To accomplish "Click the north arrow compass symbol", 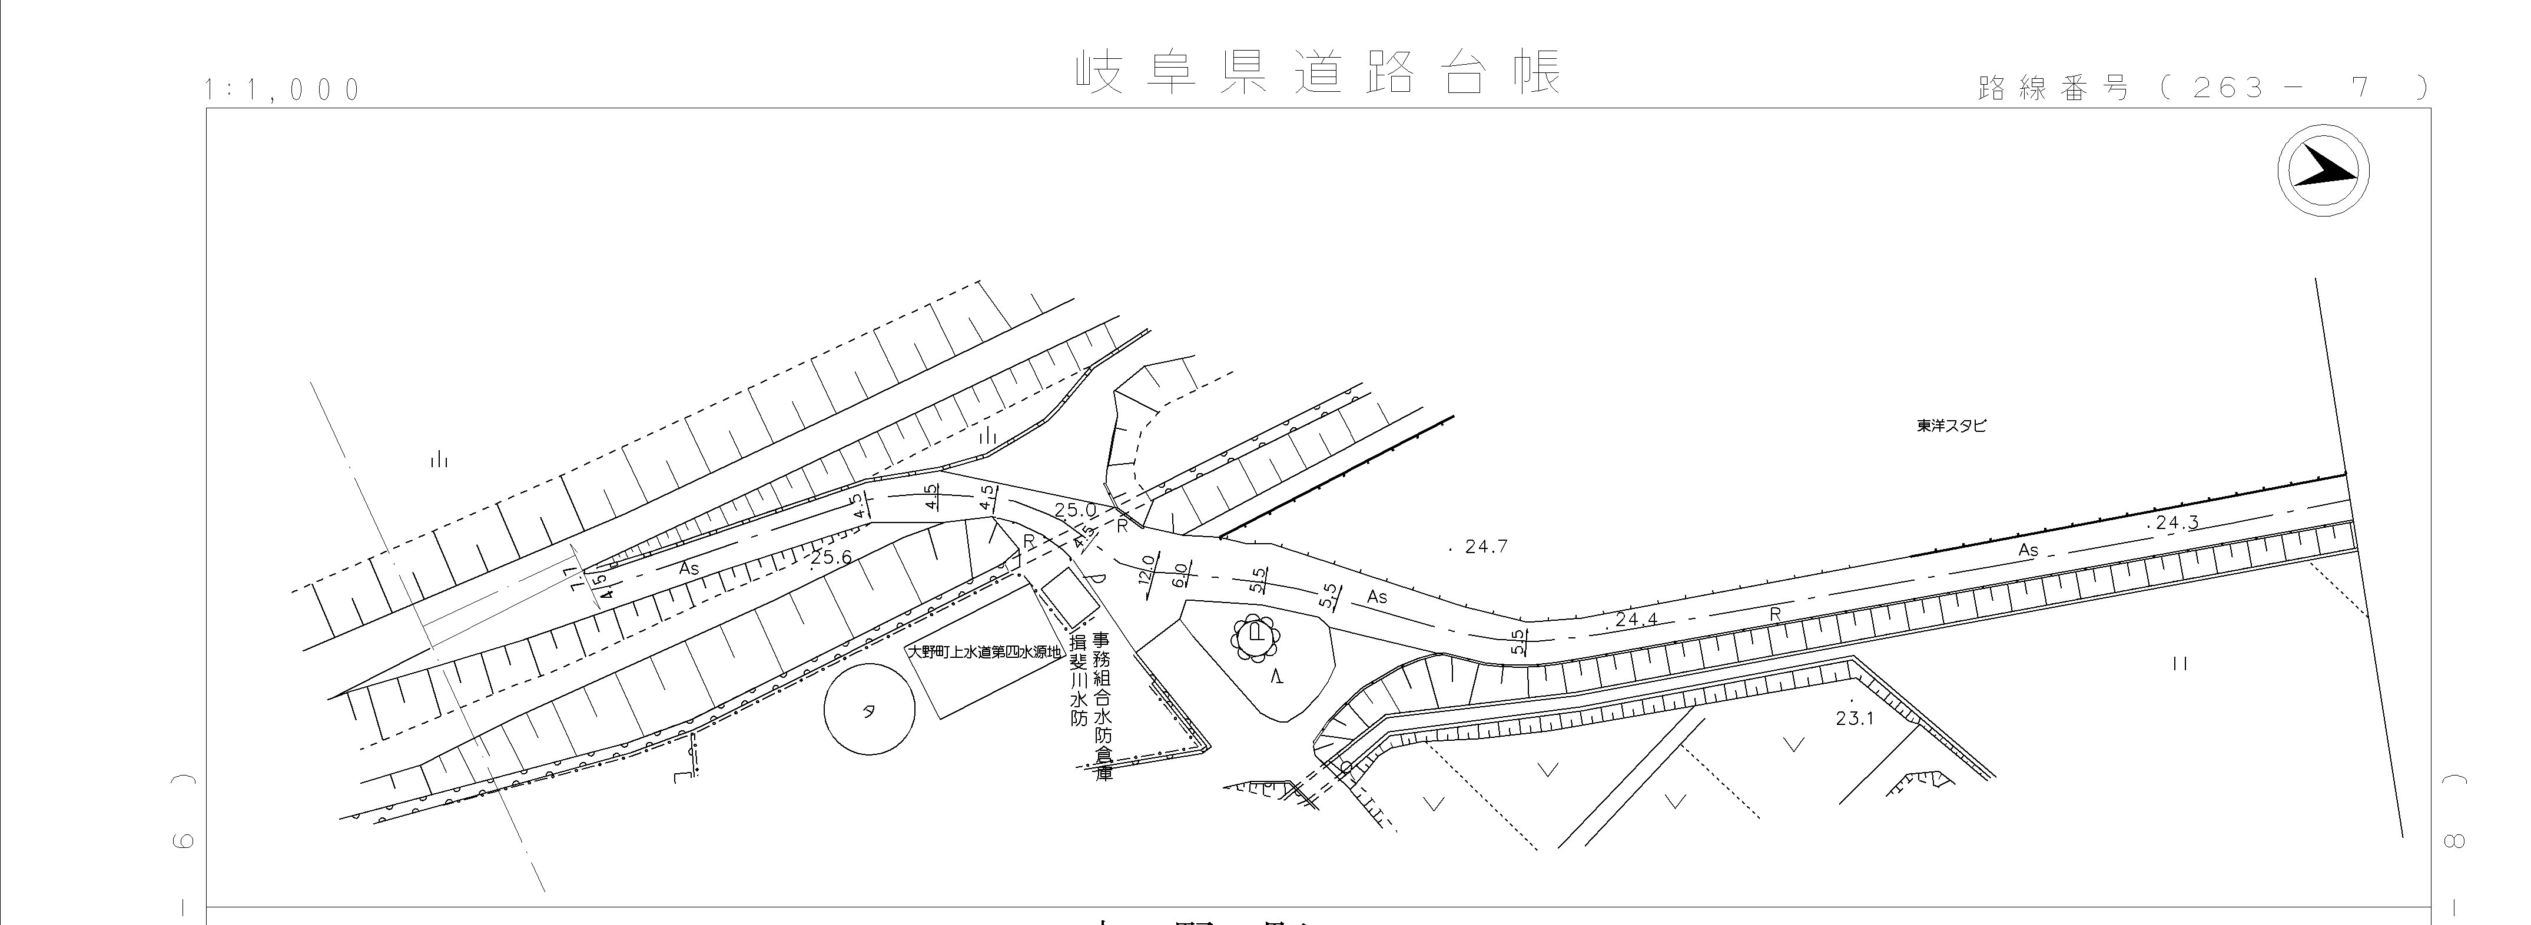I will click(2323, 171).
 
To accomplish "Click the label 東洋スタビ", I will click(1951, 426).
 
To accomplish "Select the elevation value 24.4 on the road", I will click(1635, 620).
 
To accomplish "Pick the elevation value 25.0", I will click(1074, 510).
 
